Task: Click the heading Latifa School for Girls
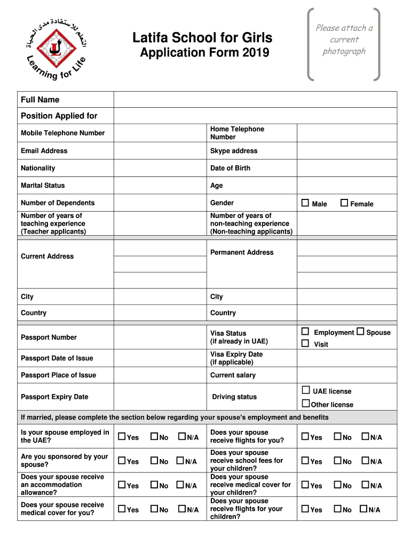[202, 37]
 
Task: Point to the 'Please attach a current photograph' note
[344, 39]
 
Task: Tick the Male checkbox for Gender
[305, 203]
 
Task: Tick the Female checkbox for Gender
[344, 203]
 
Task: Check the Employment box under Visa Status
[305, 332]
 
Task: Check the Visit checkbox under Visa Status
[305, 344]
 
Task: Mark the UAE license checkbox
[306, 390]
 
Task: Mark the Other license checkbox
[306, 404]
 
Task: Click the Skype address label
[234, 151]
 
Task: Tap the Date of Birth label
[230, 168]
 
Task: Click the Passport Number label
[49, 337]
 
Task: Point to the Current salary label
[233, 375]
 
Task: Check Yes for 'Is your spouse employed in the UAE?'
[122, 437]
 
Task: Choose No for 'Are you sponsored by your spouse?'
[154, 461]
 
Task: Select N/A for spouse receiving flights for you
[365, 437]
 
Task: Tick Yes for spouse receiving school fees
[305, 461]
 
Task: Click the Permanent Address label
[242, 252]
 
